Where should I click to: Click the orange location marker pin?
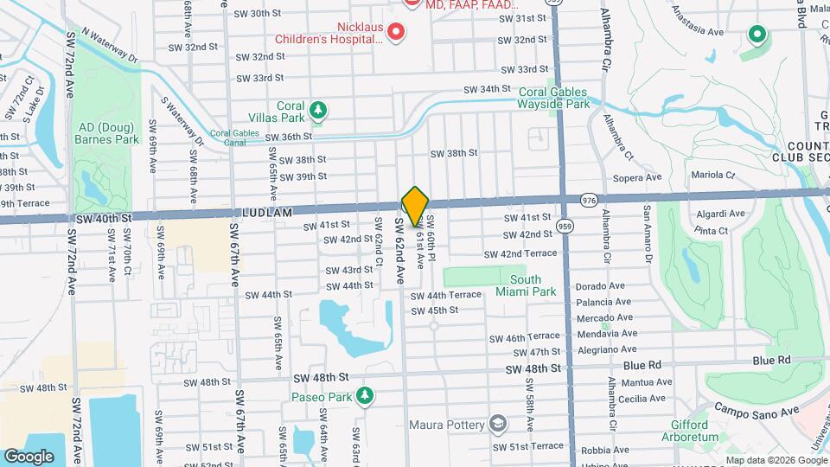[415, 205]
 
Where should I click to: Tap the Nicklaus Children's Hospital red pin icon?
[396, 33]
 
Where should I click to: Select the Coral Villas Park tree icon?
[320, 109]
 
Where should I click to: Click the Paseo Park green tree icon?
[366, 395]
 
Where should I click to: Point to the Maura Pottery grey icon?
[497, 423]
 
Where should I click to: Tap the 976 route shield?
[589, 200]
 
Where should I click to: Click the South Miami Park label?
[526, 285]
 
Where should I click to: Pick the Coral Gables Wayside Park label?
[553, 98]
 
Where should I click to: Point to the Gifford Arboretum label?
[695, 431]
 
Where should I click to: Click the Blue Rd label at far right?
[771, 360]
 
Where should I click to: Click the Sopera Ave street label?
[636, 177]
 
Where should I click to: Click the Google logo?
[29, 456]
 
